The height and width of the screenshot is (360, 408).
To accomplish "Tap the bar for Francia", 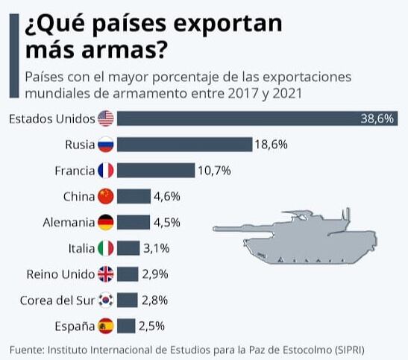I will (x=155, y=171).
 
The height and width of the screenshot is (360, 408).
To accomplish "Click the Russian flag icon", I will (x=106, y=145).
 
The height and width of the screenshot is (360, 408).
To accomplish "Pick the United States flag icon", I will (x=106, y=119).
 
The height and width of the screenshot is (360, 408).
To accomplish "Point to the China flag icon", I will (x=106, y=197).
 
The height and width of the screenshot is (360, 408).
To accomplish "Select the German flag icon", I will (x=106, y=223).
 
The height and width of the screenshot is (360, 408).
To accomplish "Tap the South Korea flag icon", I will (x=106, y=300).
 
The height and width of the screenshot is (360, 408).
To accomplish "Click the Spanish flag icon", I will (x=106, y=326).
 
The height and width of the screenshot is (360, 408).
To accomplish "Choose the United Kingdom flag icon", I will (x=106, y=274).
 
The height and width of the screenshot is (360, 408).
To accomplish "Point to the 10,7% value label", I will (x=214, y=171).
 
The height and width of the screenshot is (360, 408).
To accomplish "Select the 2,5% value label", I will (x=151, y=326).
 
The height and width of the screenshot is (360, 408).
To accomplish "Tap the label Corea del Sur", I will (x=57, y=300).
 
